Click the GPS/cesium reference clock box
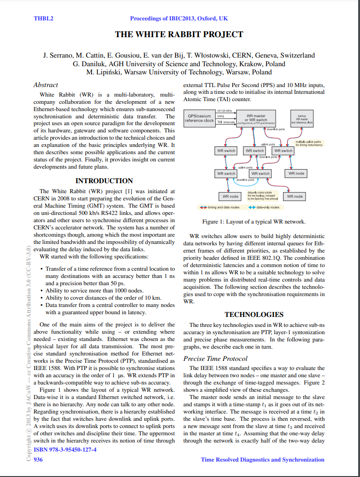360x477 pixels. [x=199, y=118]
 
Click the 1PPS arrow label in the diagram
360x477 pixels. [x=221, y=116]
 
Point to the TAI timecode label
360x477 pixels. [x=226, y=122]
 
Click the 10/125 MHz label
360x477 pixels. [x=224, y=111]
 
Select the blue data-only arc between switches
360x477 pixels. [x=248, y=180]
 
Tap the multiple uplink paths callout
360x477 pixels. [x=308, y=144]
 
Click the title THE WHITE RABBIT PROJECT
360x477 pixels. [x=179, y=34]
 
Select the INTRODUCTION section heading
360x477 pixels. [x=104, y=180]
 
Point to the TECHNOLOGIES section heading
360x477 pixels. [x=254, y=314]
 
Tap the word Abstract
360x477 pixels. [x=46, y=85]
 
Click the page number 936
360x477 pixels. [x=38, y=460]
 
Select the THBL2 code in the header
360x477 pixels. [x=44, y=19]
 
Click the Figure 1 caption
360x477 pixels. [x=253, y=222]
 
